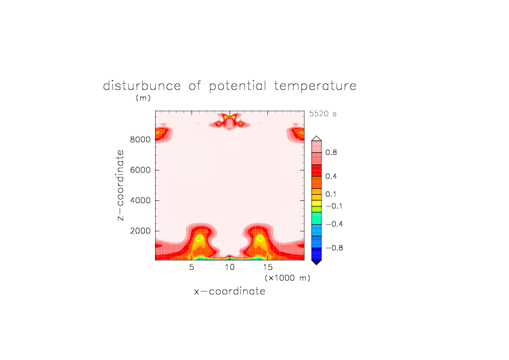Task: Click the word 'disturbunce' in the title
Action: coord(141,86)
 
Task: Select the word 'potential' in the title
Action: coord(238,87)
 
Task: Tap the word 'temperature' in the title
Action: coord(315,87)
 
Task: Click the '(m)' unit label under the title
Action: coord(143,97)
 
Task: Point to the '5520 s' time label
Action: coord(323,114)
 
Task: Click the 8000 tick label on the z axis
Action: coord(140,139)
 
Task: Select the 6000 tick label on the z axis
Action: coord(140,170)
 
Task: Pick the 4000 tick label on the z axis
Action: coord(140,200)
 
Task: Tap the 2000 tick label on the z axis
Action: coord(140,231)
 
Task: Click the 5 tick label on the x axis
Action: coord(192,267)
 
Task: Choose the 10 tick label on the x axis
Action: coord(229,267)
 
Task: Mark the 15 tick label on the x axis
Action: coord(268,267)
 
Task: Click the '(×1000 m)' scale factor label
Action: coord(288,278)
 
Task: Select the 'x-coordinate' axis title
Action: coord(229,291)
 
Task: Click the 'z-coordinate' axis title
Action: coord(120,185)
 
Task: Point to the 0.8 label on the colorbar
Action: coord(331,152)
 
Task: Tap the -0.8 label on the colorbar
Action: coord(334,248)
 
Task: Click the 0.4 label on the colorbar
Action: coord(331,176)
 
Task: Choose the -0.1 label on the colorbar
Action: coord(334,206)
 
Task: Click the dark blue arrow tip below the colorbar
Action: coord(317,264)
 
